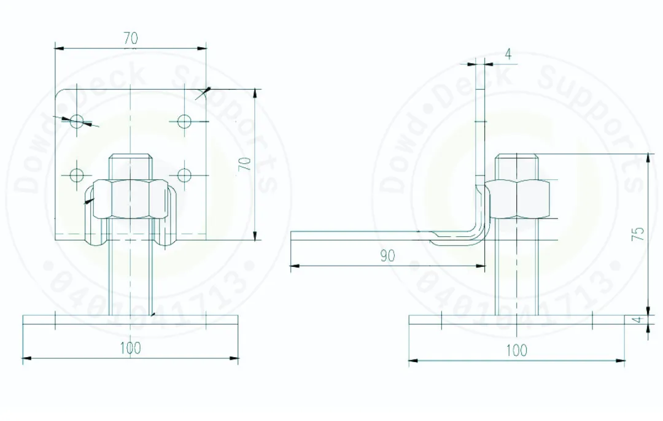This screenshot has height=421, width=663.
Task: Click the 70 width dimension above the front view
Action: (x=130, y=38)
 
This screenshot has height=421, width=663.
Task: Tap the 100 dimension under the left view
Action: (x=130, y=348)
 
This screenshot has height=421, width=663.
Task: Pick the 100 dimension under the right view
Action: (x=516, y=350)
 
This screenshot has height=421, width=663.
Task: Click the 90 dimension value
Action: (x=387, y=256)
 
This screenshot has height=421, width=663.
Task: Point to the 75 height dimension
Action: (x=638, y=233)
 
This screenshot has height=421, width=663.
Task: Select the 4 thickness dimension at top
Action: (x=508, y=54)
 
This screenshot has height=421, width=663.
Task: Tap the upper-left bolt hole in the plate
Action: (x=76, y=121)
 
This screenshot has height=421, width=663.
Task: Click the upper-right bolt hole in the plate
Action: (x=185, y=121)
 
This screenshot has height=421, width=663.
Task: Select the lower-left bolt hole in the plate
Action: (x=76, y=175)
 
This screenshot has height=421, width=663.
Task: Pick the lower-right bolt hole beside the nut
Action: (x=185, y=175)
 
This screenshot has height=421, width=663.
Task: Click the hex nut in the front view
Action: (x=130, y=199)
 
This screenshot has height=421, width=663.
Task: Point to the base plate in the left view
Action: (x=130, y=320)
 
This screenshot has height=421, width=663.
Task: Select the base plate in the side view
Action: (x=516, y=320)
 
